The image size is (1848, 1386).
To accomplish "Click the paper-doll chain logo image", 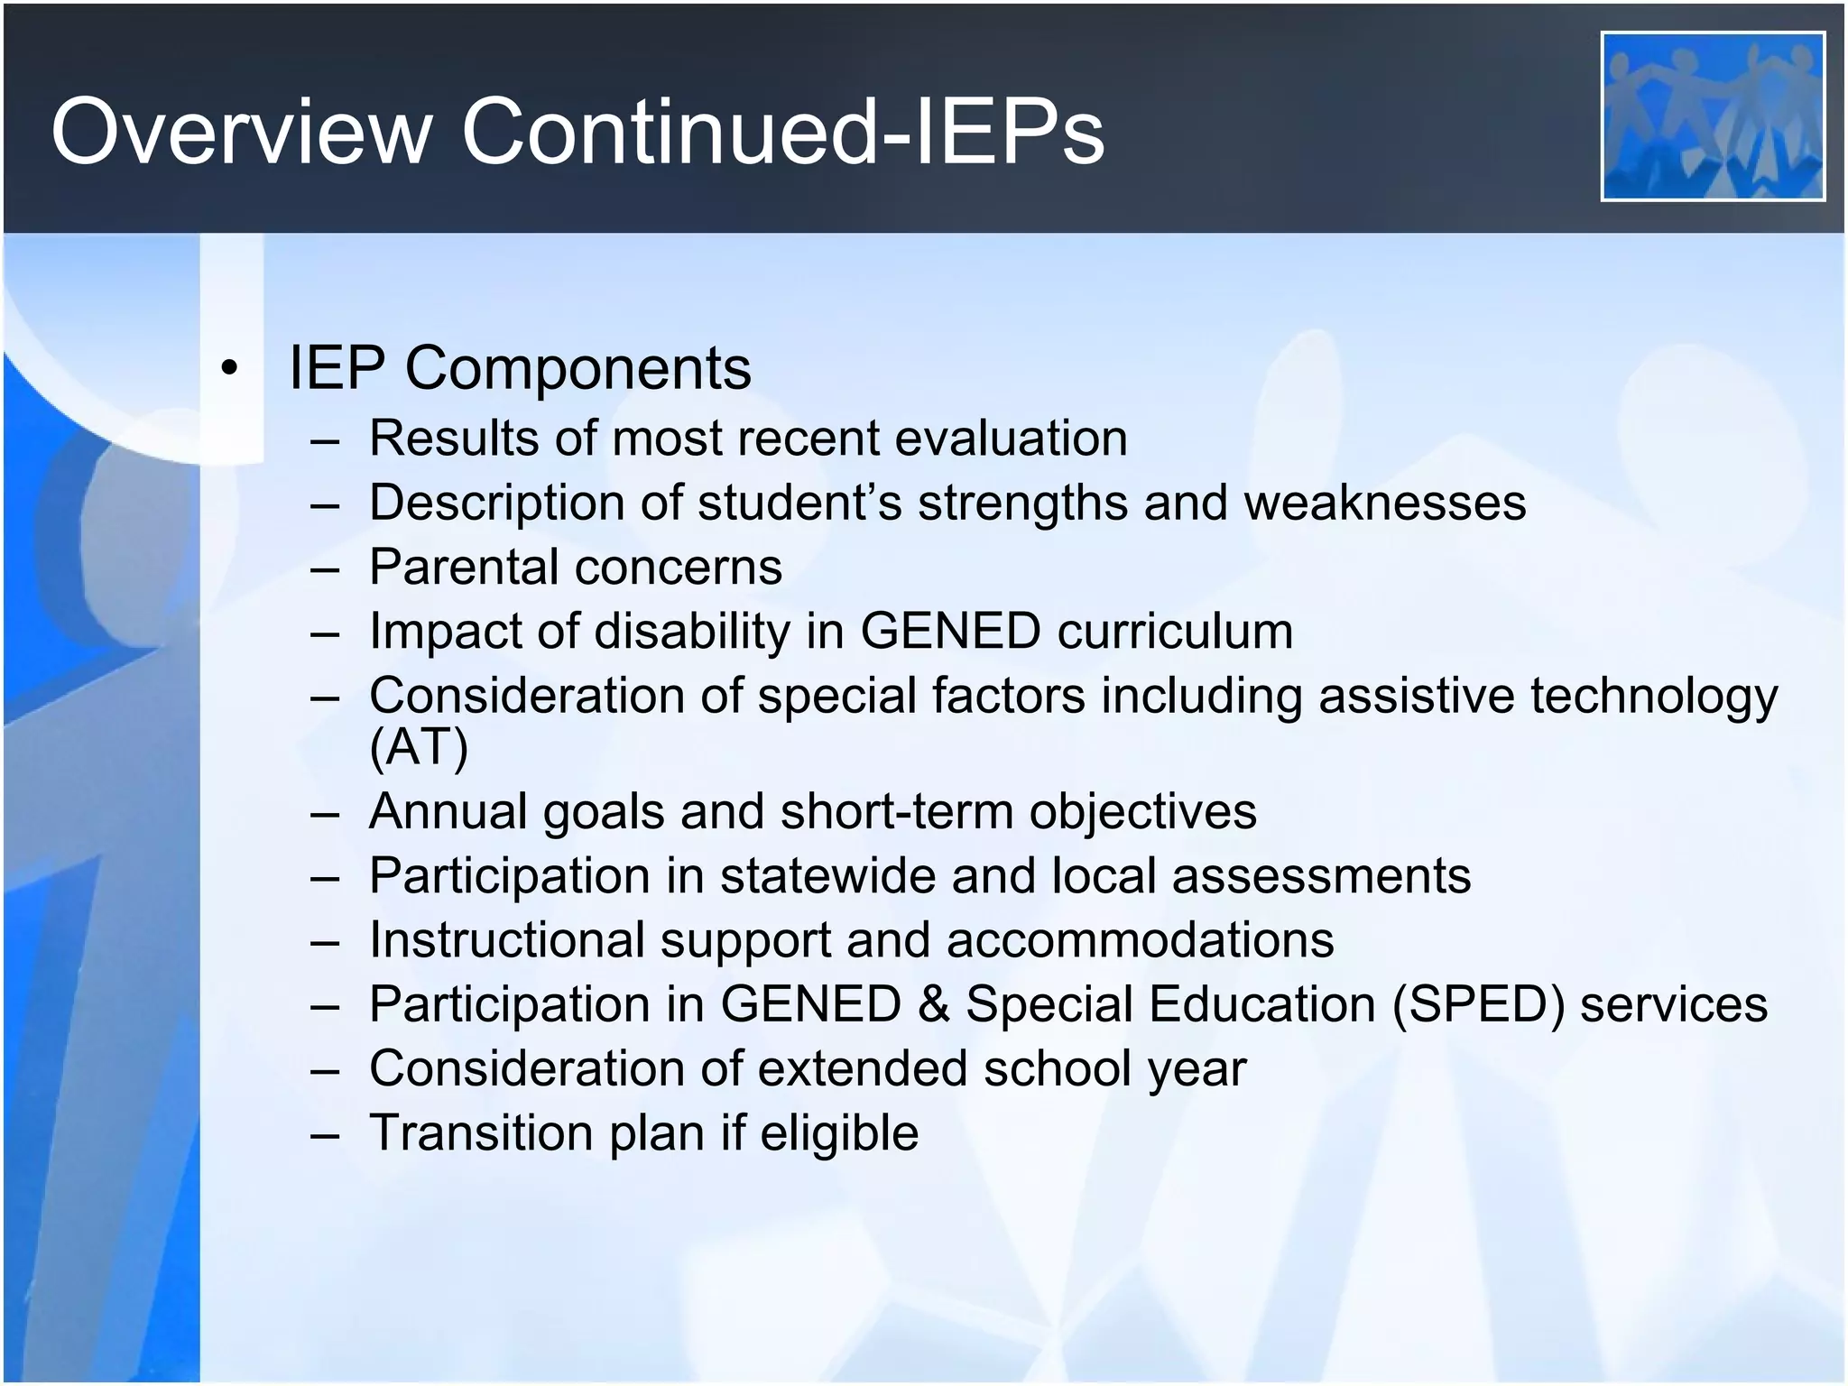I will coord(1713,116).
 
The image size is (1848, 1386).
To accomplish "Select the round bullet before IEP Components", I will coord(231,368).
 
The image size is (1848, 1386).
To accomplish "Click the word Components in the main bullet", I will coord(577,368).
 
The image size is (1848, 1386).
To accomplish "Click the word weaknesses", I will coord(1385,503).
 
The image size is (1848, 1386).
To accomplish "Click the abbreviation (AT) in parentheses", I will coord(419,746).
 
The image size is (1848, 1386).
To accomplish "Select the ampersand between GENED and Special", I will coord(933,1004).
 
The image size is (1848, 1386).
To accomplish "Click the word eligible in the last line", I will coord(838,1132).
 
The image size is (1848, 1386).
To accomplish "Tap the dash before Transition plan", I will coord(325,1134).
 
